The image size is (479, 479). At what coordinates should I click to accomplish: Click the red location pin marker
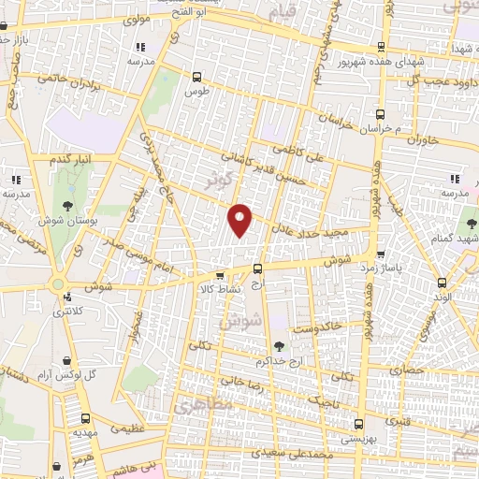tap(241, 219)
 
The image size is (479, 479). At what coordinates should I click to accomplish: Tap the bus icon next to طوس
tap(196, 78)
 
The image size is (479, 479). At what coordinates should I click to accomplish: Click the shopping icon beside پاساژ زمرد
tap(380, 254)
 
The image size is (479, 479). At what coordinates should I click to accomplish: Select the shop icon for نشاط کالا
tap(219, 276)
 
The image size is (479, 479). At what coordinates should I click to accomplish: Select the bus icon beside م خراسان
tap(379, 110)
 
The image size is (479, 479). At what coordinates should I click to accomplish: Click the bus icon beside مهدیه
tap(84, 420)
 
